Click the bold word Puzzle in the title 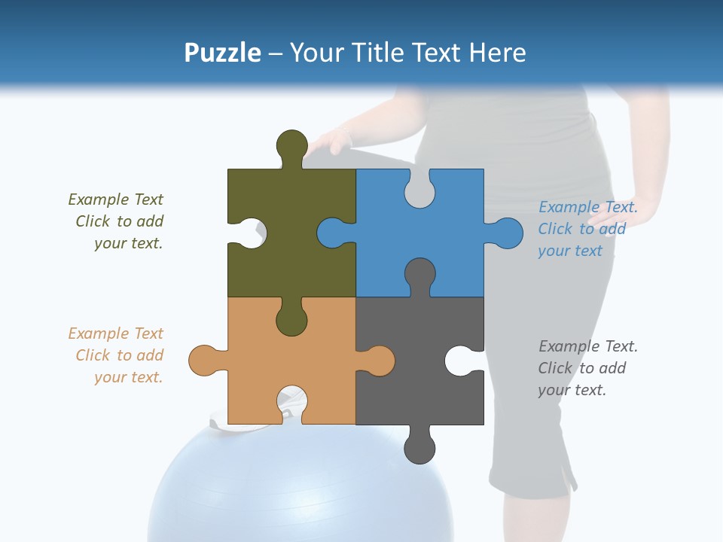click(222, 53)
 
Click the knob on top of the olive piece click(291, 145)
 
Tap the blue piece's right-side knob click(506, 233)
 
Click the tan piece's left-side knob click(203, 361)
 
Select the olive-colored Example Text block click(116, 221)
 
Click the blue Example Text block click(587, 229)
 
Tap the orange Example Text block click(116, 355)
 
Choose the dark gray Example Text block click(587, 368)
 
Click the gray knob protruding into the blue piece click(419, 274)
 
